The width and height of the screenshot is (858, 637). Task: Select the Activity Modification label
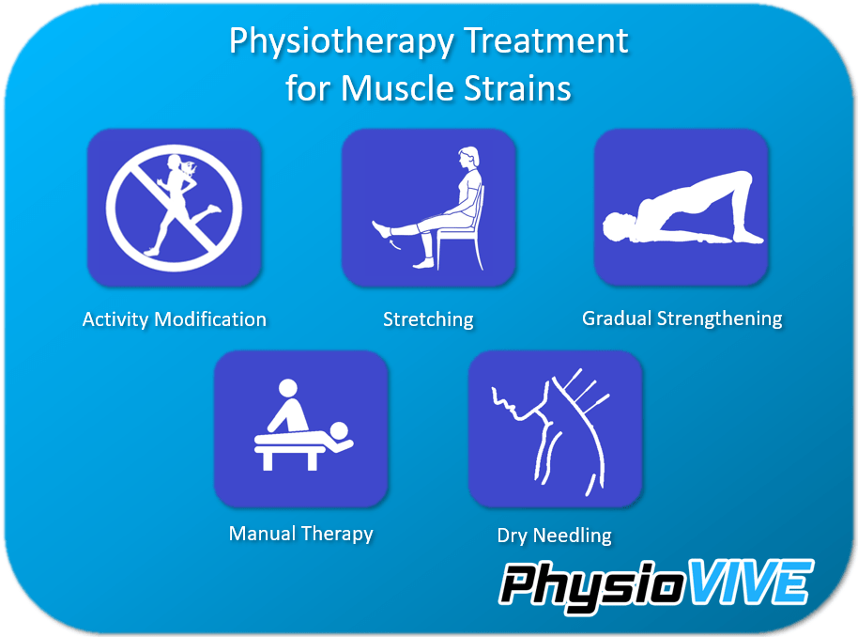tap(175, 319)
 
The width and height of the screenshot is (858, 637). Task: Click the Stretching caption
tap(428, 319)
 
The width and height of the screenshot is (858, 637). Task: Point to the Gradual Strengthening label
tap(682, 318)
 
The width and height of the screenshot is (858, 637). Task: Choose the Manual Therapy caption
tap(300, 534)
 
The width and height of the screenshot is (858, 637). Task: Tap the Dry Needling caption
tap(554, 536)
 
